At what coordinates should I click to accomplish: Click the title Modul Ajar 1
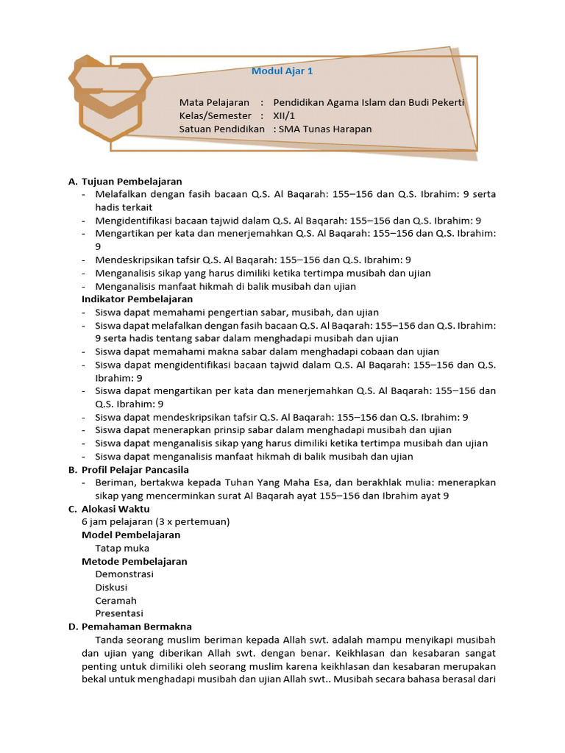click(282, 71)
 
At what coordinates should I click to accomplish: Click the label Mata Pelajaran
click(214, 102)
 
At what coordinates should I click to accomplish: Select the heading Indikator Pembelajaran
click(138, 299)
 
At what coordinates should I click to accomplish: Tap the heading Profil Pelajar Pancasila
click(135, 469)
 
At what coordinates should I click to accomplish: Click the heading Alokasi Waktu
click(116, 509)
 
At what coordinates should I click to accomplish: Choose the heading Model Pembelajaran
click(131, 535)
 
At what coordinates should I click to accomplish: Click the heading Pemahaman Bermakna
click(137, 627)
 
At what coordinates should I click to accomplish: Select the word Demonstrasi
click(124, 574)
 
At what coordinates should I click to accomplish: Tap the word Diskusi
click(111, 588)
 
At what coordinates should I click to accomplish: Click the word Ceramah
click(116, 601)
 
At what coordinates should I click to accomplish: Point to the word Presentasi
click(119, 613)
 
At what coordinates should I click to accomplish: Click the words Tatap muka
click(122, 548)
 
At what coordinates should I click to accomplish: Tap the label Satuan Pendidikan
click(221, 129)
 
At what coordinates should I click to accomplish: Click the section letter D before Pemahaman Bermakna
click(72, 627)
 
